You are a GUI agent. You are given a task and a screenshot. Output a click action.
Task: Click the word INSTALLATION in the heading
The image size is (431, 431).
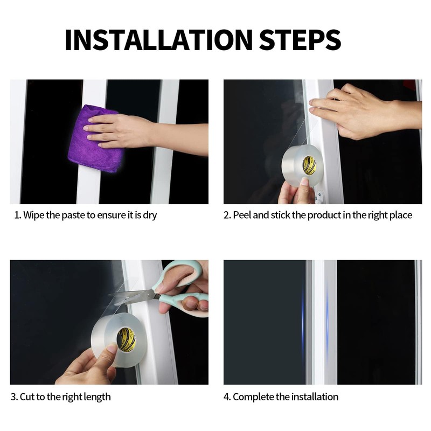pos(158,39)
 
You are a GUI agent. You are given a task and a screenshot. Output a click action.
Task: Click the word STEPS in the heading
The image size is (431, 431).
pos(300,39)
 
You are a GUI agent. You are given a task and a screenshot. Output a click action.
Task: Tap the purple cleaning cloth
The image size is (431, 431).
pos(95,139)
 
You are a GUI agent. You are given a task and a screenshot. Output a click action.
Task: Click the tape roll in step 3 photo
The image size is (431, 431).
pos(119,339)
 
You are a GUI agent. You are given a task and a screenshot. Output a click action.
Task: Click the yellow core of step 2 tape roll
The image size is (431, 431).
pos(309,165)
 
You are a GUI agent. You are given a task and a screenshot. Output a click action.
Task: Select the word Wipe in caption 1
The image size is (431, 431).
pos(33,215)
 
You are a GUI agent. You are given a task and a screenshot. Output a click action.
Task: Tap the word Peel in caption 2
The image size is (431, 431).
pos(242,215)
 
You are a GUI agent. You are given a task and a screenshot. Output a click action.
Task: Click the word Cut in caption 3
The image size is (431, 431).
pos(27,397)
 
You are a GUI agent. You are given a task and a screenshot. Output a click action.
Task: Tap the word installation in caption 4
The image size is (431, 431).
pos(315,397)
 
